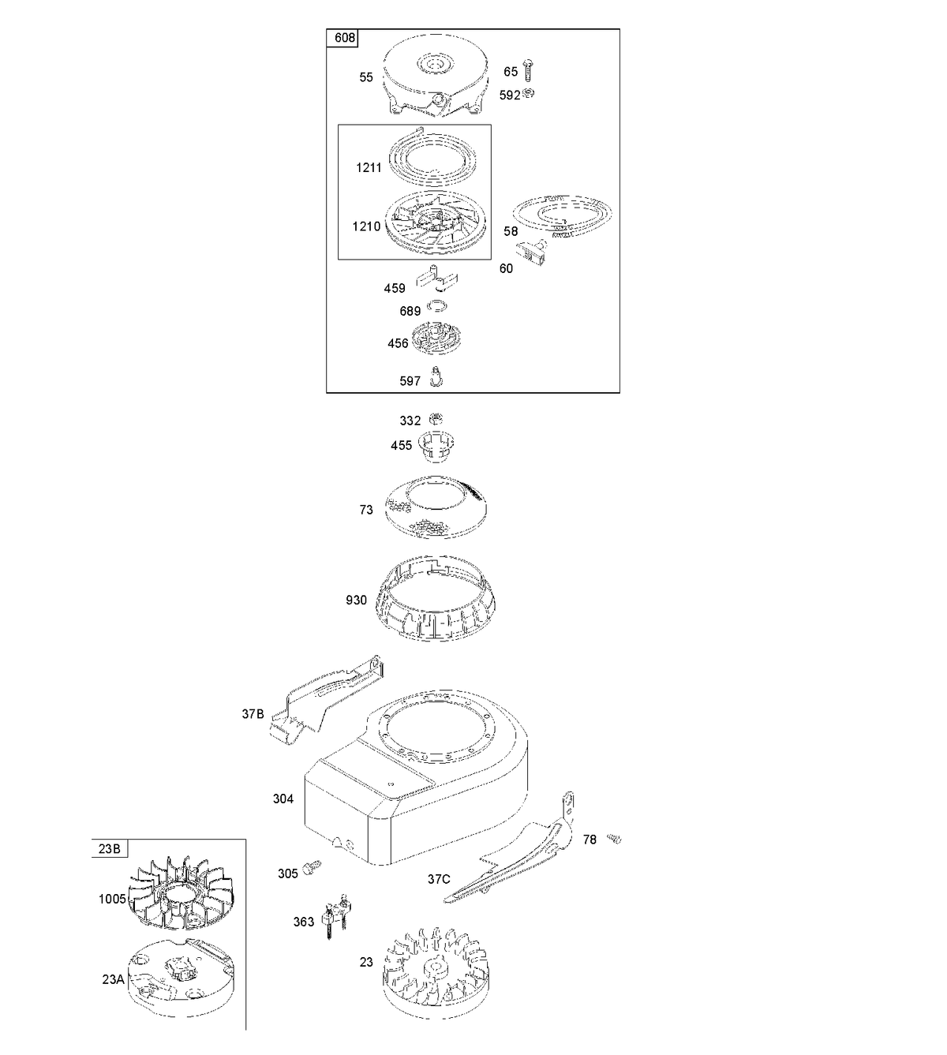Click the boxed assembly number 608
tap(344, 38)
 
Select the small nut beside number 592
tap(529, 93)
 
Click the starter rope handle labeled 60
tap(533, 253)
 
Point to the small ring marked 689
tap(437, 305)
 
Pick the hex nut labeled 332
tap(436, 419)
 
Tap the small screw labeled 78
tap(614, 838)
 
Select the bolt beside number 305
tap(312, 867)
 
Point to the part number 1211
tap(369, 167)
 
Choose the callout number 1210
tap(366, 226)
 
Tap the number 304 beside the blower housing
tap(283, 799)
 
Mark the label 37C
tap(439, 879)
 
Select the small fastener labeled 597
tap(436, 376)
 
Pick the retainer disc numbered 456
tap(436, 339)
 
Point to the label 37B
tap(253, 714)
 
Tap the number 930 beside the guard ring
tap(356, 600)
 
